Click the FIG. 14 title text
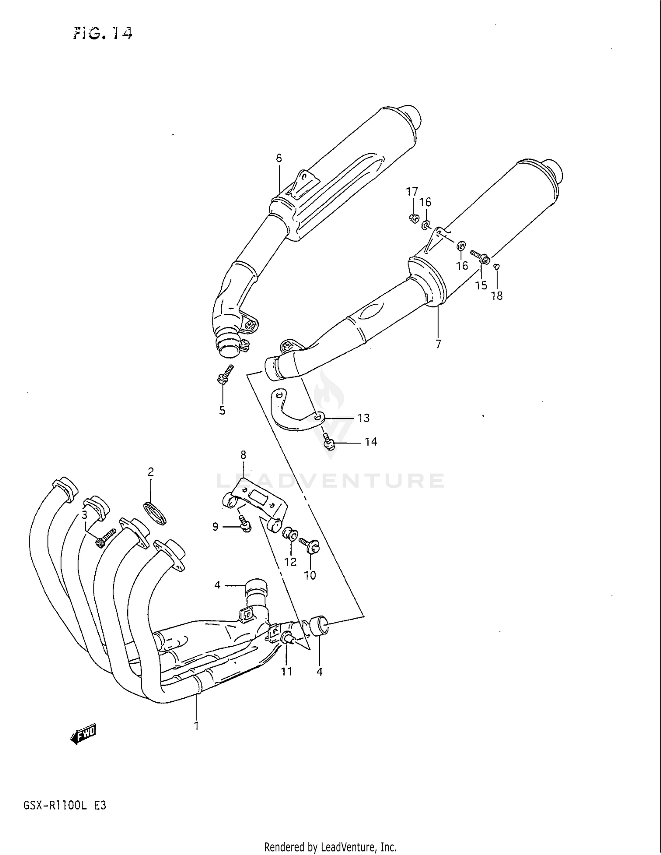(x=103, y=33)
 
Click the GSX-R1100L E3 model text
(x=64, y=806)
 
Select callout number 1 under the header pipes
(x=197, y=725)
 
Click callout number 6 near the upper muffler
(x=279, y=158)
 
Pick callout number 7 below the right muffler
(x=438, y=344)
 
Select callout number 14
(x=371, y=442)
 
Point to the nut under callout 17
(x=413, y=217)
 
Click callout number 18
(x=497, y=296)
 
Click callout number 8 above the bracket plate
(x=243, y=455)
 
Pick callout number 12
(x=290, y=562)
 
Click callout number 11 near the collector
(x=287, y=671)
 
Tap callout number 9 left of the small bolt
(x=215, y=526)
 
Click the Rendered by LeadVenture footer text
(x=330, y=847)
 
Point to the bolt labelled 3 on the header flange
(x=105, y=538)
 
